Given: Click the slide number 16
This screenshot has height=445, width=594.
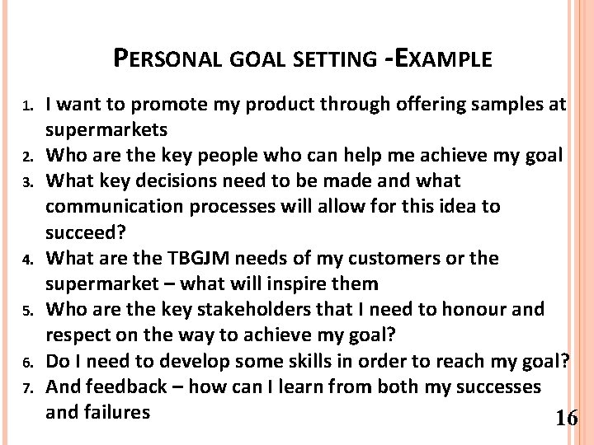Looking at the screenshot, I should (567, 419).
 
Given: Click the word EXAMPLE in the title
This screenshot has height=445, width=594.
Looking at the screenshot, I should (442, 59).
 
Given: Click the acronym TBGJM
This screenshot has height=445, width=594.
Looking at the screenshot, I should (186, 258).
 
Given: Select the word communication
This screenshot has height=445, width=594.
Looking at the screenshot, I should (112, 206).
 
